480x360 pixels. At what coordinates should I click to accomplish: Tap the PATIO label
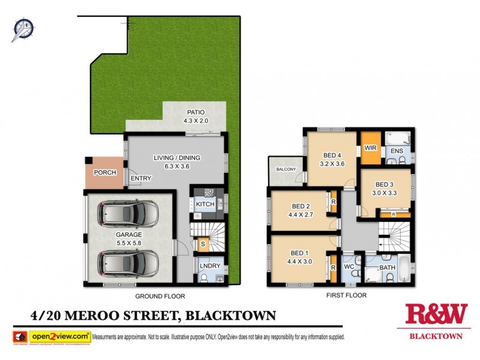(195, 112)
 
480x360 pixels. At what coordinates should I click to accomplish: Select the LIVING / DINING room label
(176, 158)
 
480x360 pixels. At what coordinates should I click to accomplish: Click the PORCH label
(105, 173)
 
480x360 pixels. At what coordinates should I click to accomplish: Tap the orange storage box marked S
(203, 244)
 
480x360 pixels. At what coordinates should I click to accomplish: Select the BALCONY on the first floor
(286, 170)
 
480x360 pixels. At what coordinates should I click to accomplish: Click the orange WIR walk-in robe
(370, 148)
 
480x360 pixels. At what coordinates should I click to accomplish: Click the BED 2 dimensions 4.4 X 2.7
(300, 214)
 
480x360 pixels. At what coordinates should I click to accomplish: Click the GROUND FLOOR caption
(160, 296)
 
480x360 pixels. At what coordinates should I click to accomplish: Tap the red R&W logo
(436, 314)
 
